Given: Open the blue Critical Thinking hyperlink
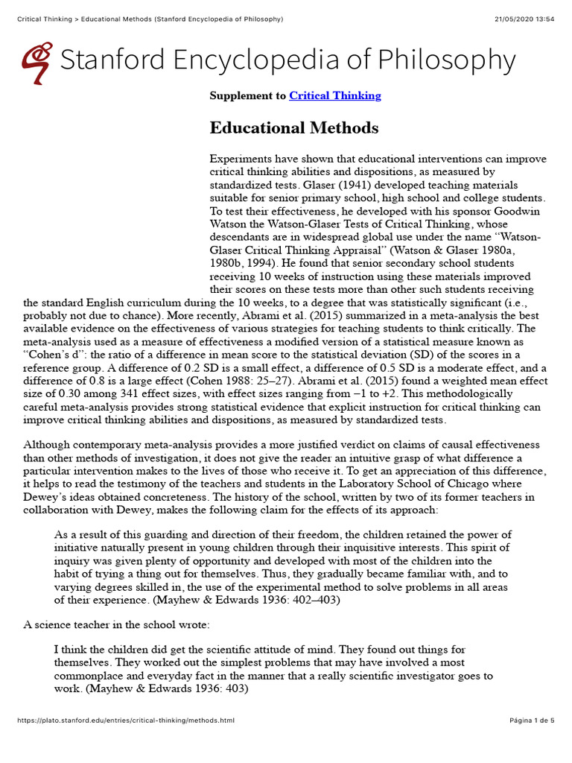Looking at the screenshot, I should pos(334,95).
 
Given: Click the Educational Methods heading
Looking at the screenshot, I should pos(294,128).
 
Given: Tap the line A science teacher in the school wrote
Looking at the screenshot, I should pos(116,624).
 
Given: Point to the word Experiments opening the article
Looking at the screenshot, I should pos(242,159).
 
